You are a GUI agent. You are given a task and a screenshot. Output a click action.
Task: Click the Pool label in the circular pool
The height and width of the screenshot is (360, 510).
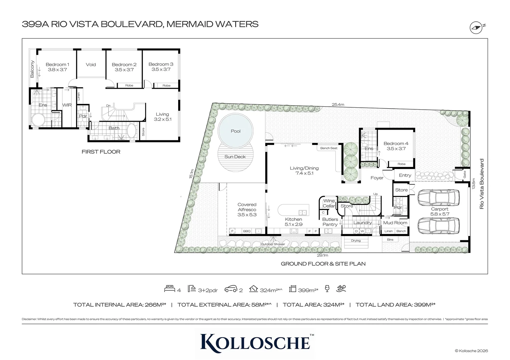point(235,131)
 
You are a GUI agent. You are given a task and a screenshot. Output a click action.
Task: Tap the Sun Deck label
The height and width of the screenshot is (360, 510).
point(235,157)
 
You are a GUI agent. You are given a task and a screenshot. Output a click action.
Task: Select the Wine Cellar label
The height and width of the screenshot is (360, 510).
point(329,203)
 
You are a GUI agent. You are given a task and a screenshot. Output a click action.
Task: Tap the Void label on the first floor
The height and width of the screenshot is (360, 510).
point(91,65)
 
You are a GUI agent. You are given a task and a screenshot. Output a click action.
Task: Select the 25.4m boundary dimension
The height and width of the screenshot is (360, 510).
point(338,104)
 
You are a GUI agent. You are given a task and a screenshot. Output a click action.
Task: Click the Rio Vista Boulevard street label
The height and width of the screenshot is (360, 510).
point(481,184)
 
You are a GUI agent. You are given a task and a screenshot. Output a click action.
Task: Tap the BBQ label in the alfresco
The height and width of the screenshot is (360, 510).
point(246,231)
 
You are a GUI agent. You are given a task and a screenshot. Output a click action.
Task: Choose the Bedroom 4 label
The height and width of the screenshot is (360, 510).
point(396,146)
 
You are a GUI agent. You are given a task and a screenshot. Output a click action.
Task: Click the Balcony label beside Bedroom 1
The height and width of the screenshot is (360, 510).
point(32,69)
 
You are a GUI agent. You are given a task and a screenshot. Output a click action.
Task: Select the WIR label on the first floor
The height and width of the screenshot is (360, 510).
point(67,105)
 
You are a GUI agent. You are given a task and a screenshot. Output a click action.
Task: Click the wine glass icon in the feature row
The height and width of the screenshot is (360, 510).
point(327,289)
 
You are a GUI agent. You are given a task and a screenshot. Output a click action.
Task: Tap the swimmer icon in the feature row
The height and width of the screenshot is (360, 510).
point(341,289)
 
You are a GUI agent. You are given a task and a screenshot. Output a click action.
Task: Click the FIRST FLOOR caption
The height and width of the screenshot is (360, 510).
point(101,152)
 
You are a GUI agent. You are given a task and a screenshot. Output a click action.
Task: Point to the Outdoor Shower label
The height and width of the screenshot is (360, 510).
point(273,244)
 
